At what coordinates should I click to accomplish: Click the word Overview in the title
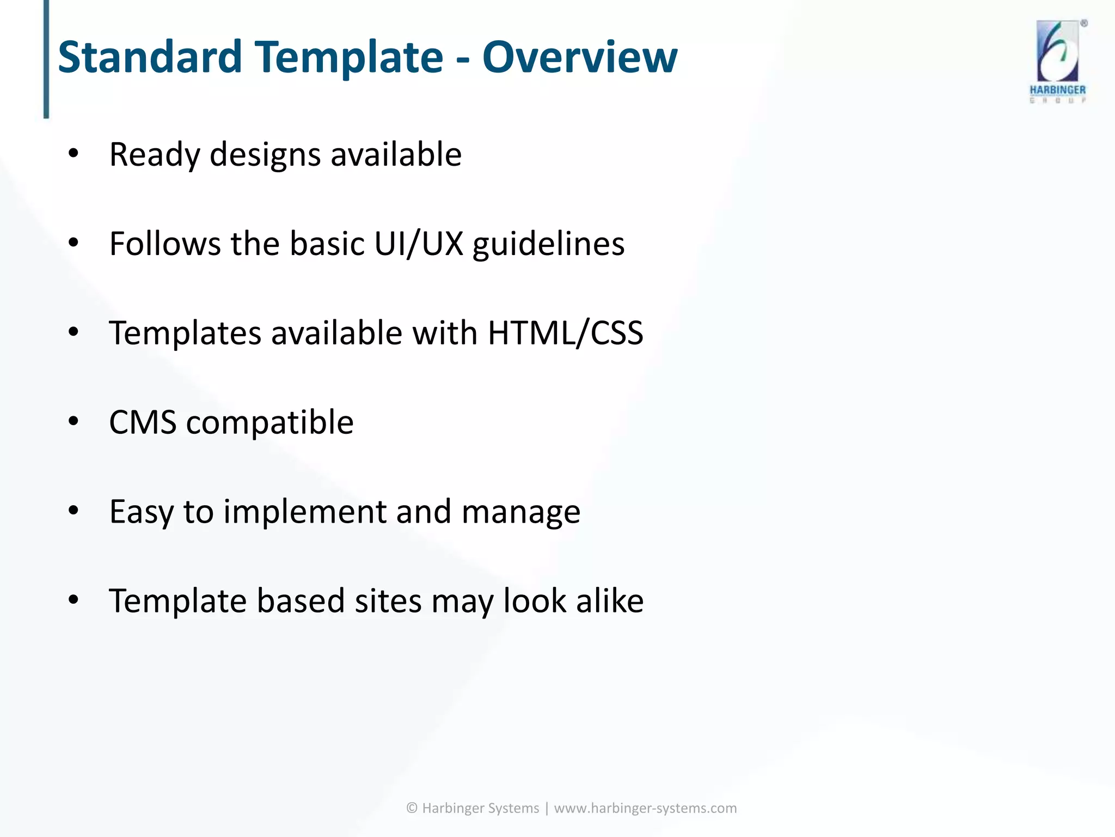579,57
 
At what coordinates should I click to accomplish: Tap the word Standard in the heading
150,57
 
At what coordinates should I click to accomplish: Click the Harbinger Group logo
1057,52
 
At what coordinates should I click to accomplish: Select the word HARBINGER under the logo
1057,90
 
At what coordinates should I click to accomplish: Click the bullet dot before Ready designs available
73,154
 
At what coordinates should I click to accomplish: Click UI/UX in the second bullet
418,244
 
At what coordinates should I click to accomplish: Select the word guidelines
548,245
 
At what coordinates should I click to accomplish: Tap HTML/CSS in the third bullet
565,333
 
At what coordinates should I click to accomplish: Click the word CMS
143,422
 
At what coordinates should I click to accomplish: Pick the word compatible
269,423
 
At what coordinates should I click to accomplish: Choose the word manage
520,513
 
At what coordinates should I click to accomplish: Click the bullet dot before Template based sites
73,600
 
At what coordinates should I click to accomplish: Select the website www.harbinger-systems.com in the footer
645,808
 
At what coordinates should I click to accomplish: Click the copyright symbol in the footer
412,808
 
